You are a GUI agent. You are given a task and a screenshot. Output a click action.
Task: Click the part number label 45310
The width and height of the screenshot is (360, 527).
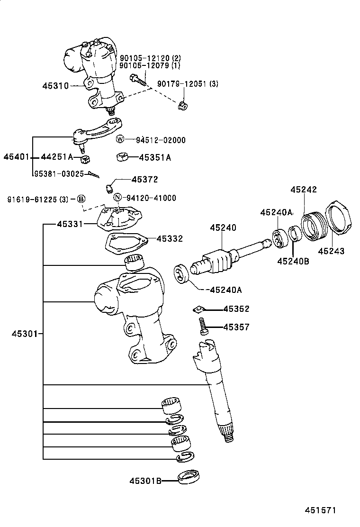(55, 86)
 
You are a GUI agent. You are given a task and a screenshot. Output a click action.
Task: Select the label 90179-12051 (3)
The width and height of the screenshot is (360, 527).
(188, 84)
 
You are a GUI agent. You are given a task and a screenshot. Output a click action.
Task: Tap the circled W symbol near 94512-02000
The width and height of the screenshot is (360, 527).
(120, 139)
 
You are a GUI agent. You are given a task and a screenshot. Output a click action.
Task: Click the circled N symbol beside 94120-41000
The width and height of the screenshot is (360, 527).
(117, 198)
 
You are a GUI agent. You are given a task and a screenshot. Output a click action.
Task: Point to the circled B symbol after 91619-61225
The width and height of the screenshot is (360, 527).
(81, 198)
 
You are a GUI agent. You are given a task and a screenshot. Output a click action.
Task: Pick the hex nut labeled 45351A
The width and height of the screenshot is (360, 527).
(123, 157)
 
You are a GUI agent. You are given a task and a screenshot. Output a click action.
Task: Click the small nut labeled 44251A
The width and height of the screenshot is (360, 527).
(85, 158)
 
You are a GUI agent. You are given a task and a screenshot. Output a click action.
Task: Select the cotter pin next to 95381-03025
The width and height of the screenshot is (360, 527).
(95, 175)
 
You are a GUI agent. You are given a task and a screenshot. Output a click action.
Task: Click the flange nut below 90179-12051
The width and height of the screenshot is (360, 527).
(182, 105)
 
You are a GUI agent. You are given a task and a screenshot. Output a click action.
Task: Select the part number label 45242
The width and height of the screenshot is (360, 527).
(304, 189)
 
